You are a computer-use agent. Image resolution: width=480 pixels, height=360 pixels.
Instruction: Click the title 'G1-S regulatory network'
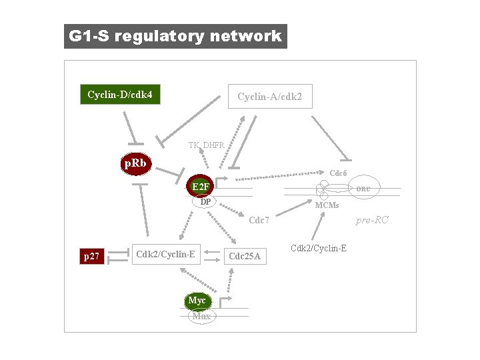pos(175,36)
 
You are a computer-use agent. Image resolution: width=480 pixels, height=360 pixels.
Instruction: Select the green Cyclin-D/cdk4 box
pos(120,95)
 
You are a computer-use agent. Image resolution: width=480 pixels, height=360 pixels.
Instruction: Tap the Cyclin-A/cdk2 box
pos(269,97)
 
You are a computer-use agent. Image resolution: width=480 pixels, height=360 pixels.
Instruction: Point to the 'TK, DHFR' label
pos(206,145)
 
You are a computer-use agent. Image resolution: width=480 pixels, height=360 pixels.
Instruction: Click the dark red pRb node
pos(135,163)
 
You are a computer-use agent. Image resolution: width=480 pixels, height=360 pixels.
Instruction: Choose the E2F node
pos(201,186)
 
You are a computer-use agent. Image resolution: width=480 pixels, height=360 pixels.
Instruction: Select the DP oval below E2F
pos(206,201)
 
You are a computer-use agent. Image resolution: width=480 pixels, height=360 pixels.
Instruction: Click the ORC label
pos(363,189)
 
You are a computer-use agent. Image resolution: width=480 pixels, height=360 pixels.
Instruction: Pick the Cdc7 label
pos(259,221)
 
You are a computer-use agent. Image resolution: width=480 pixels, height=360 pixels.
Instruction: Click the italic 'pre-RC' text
pos(372,220)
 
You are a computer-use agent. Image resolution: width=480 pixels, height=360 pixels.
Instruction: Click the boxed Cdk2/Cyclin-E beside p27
pos(165,253)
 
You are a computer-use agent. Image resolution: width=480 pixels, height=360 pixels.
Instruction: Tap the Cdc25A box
pos(245,256)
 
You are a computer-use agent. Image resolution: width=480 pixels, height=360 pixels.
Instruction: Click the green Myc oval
pos(197,301)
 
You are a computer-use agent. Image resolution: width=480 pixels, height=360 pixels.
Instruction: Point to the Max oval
pos(201,316)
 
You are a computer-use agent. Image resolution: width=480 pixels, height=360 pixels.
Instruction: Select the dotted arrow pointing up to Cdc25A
pos(229,280)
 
